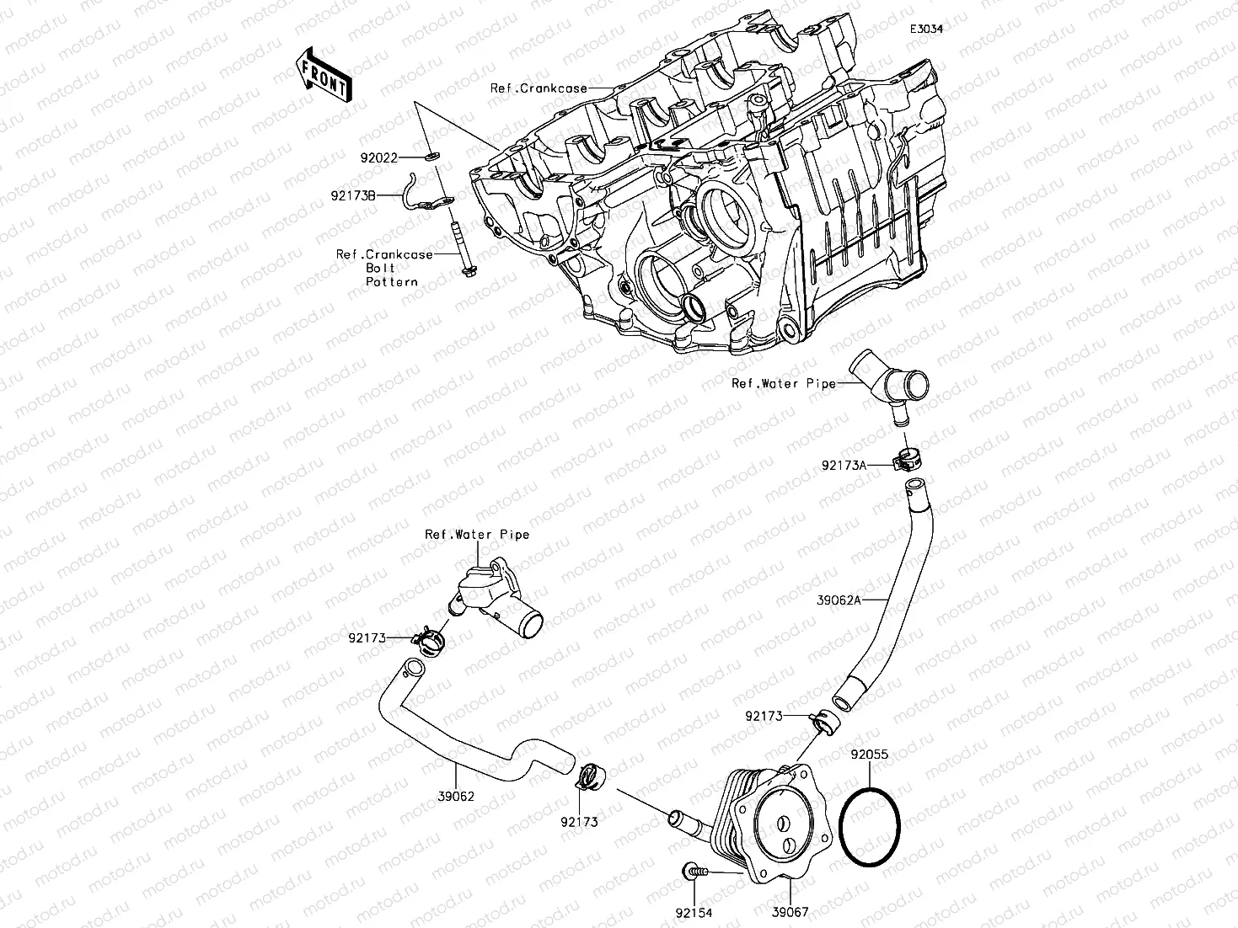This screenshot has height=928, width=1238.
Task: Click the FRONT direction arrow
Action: tap(324, 75)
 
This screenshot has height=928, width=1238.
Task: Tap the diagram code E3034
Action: tap(925, 29)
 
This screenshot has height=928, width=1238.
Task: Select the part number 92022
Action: tap(378, 157)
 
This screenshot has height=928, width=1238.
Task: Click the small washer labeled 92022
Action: tap(434, 156)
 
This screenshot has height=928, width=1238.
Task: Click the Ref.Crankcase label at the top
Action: tap(539, 88)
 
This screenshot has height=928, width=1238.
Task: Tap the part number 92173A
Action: tap(844, 465)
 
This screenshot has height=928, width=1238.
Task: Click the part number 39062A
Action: tap(839, 600)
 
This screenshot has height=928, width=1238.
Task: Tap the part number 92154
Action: tap(692, 912)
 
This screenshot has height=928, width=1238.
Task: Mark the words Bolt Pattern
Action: tap(392, 275)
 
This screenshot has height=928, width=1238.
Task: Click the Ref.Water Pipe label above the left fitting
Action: tap(477, 534)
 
